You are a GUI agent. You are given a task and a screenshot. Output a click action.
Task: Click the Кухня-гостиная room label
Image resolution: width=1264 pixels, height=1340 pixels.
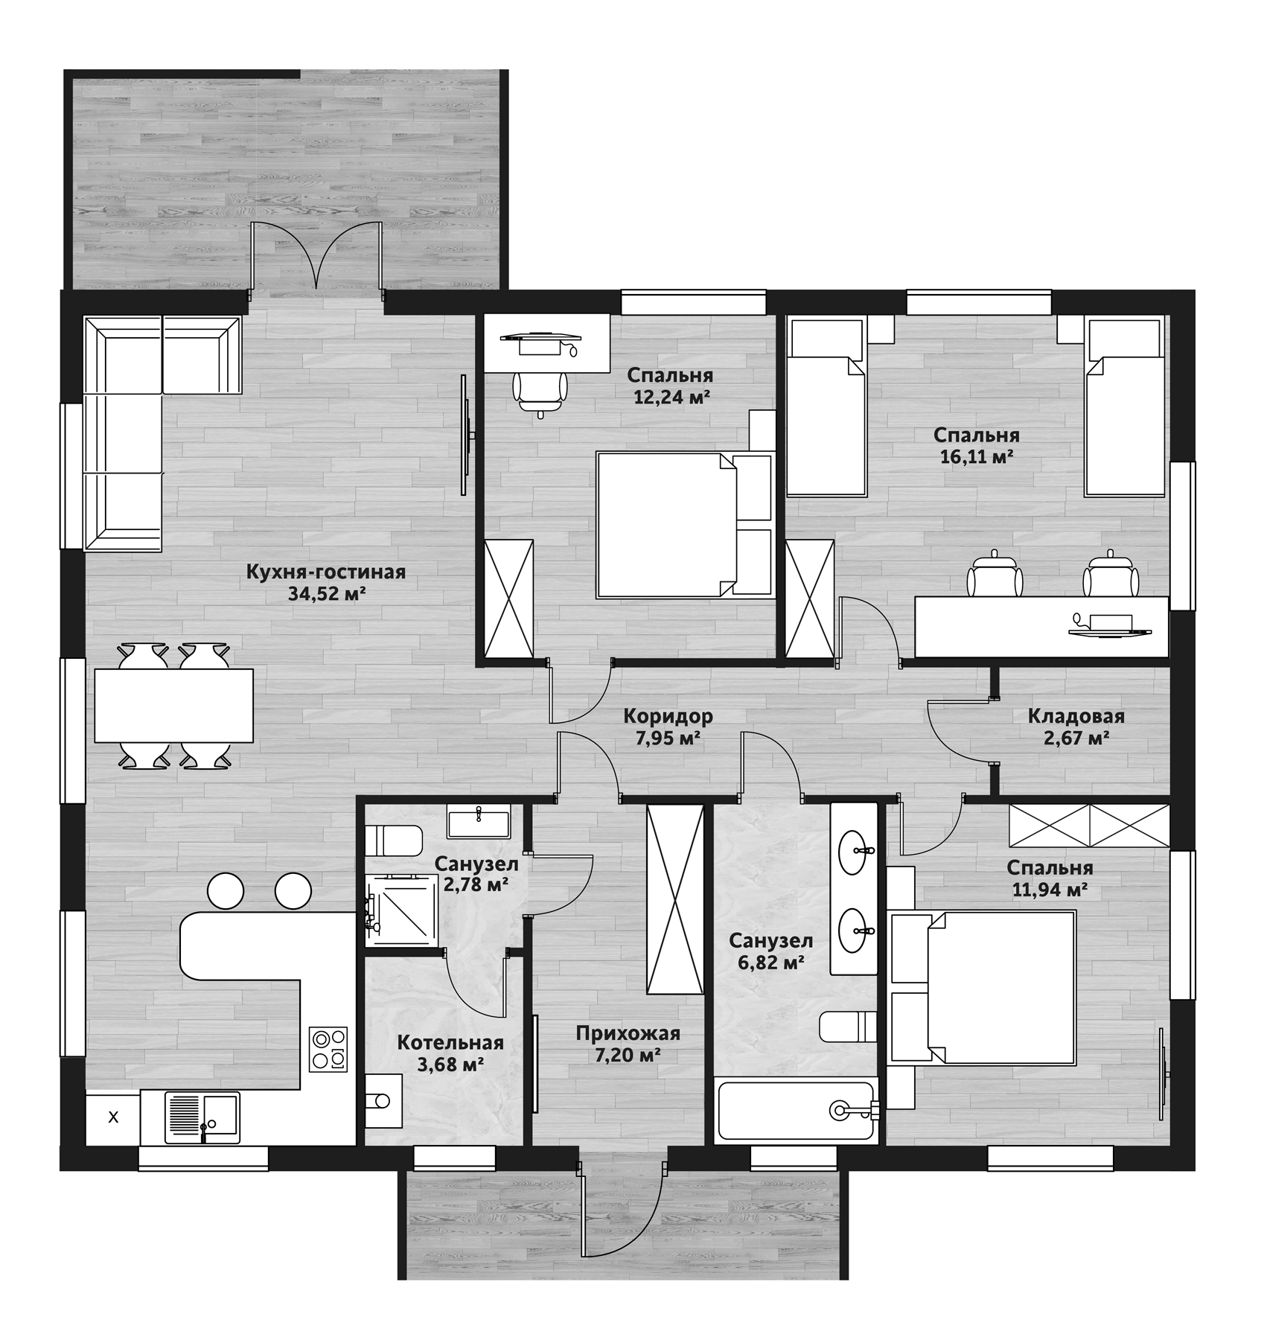tap(325, 572)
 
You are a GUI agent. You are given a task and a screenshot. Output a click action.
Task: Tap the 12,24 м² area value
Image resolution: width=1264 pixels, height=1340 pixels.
tap(671, 397)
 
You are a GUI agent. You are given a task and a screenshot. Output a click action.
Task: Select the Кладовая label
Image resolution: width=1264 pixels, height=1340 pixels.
tap(1076, 716)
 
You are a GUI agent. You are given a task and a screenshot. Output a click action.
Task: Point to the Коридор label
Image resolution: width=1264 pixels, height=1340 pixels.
tap(668, 716)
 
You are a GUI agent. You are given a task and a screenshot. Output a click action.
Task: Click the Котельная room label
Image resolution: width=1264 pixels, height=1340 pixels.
tap(450, 1043)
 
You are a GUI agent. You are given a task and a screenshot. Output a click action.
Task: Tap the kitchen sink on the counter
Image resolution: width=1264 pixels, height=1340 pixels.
tap(202, 1117)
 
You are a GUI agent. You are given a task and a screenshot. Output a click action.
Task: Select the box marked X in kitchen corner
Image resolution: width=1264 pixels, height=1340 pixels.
tap(113, 1117)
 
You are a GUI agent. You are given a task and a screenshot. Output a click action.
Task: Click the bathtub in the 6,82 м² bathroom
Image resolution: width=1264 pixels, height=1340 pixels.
tap(795, 1109)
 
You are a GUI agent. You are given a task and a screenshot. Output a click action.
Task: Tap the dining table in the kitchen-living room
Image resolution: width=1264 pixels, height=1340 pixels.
tap(173, 705)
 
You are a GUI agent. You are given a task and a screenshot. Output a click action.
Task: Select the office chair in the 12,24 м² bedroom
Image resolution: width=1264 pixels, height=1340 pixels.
tap(540, 391)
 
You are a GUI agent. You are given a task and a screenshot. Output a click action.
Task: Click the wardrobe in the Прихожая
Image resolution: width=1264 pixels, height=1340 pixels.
tap(674, 899)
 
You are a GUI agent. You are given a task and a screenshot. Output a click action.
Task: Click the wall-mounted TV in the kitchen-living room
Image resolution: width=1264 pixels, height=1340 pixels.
tap(466, 434)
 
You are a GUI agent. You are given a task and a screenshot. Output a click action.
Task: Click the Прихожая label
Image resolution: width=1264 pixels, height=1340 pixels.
tap(628, 1033)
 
